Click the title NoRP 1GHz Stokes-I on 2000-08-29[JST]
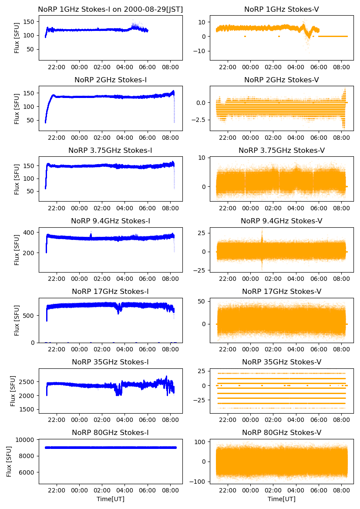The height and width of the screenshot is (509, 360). coord(111,9)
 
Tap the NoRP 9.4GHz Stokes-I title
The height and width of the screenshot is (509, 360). coord(111,221)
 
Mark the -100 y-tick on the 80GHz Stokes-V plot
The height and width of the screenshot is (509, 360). coord(199,482)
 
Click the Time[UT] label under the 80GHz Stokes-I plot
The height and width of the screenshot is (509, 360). coord(111,499)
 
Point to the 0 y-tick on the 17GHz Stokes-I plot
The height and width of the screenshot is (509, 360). coord(34,343)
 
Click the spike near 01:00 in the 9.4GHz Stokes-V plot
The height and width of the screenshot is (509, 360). coord(262,237)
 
